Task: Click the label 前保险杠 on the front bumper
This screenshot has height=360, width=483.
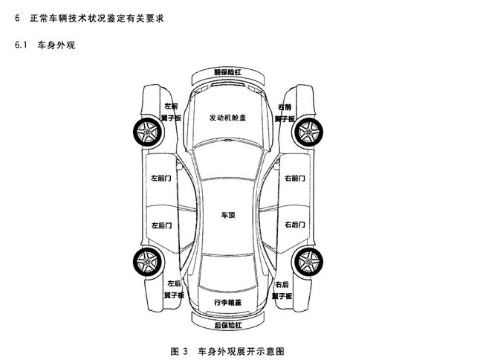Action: point(227,72)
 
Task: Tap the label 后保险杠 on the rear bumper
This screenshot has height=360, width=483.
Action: point(228,325)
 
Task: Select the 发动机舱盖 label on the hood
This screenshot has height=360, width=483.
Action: point(227,118)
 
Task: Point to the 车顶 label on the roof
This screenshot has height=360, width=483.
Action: point(228,215)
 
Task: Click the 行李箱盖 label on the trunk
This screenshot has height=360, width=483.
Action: point(227,303)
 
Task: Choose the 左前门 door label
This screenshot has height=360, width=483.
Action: point(161,179)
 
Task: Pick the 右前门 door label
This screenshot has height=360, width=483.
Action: point(295,179)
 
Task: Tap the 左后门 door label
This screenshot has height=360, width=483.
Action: point(161,225)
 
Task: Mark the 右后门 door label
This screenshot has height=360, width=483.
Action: point(295,225)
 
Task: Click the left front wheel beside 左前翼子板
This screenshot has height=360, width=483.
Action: point(148,132)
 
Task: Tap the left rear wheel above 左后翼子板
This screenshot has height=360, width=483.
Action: point(148,262)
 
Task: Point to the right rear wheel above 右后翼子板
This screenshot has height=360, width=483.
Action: point(308,262)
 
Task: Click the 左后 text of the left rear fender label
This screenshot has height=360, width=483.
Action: point(174,283)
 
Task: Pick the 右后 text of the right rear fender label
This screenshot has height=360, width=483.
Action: point(282,284)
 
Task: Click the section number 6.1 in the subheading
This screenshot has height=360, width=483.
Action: point(21,45)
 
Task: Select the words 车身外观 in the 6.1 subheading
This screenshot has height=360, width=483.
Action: point(56,45)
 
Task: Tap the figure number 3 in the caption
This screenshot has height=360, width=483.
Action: point(185,351)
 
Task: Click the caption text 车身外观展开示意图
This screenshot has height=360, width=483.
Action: point(241,351)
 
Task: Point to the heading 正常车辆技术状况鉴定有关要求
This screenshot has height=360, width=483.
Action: point(97,18)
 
